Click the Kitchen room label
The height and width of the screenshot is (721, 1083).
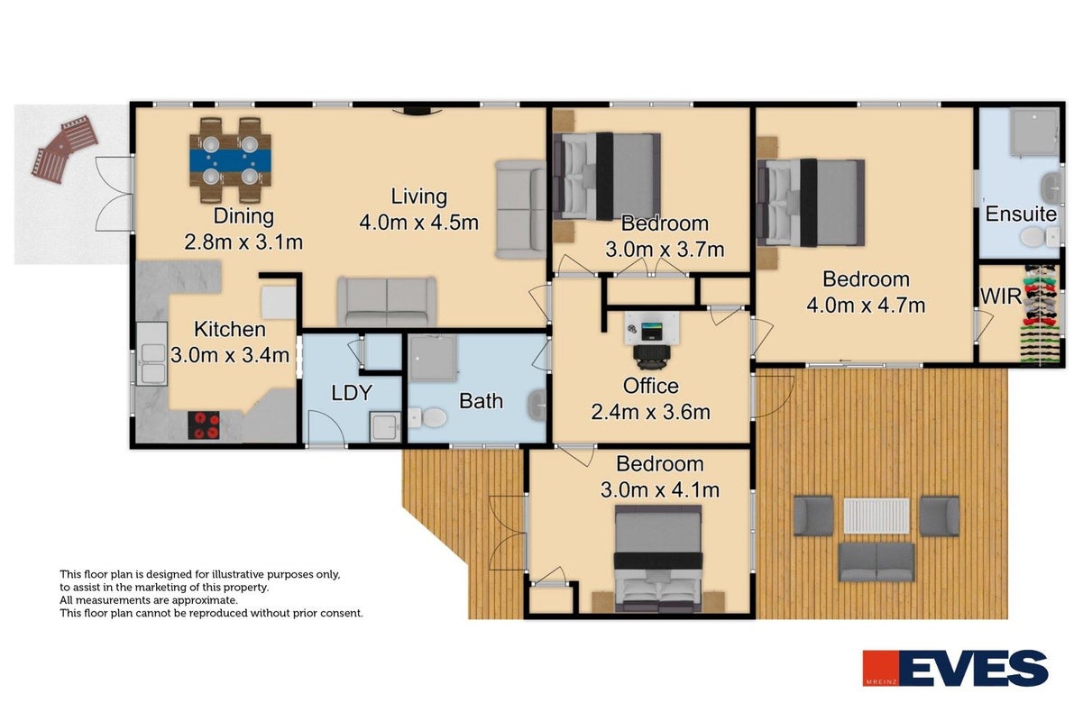pos(230,330)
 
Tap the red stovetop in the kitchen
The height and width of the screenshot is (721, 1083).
pos(204,425)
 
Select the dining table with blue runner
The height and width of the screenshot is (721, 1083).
pos(230,160)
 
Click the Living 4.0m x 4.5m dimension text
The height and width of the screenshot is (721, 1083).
pos(418,223)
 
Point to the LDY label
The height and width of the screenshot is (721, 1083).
pos(352,393)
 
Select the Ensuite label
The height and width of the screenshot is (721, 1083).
pos(1021,214)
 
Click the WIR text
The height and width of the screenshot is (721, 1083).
pos(1000,297)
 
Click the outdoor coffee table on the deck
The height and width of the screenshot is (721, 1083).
pos(876,516)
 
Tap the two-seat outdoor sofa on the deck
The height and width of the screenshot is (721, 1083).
pos(876,562)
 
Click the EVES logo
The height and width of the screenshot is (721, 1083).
pos(955,668)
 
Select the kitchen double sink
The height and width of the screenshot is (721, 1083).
pos(151,353)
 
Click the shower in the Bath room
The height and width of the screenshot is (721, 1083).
pos(433,359)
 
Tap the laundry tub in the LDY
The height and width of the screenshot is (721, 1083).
pos(385,426)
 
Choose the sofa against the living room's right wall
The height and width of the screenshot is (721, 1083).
pos(520,209)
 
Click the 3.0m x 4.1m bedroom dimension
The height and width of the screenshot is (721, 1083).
pos(659,490)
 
